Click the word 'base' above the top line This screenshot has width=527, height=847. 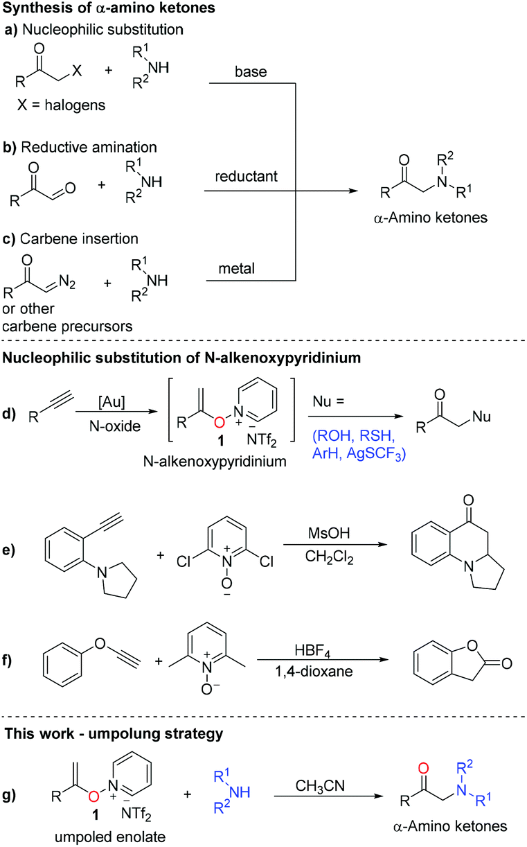tap(243, 73)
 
